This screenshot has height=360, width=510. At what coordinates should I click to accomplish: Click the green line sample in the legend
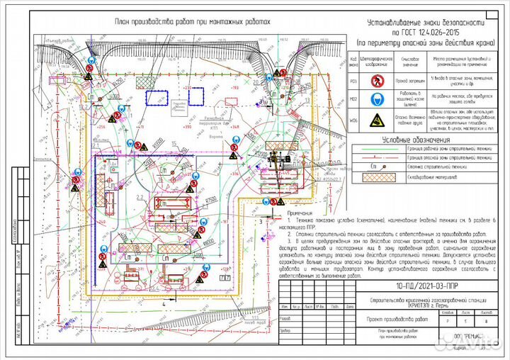coord(382,150)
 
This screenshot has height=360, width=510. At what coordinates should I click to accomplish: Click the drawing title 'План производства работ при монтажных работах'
coord(193,21)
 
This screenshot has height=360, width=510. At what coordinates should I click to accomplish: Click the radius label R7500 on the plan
coord(210,200)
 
